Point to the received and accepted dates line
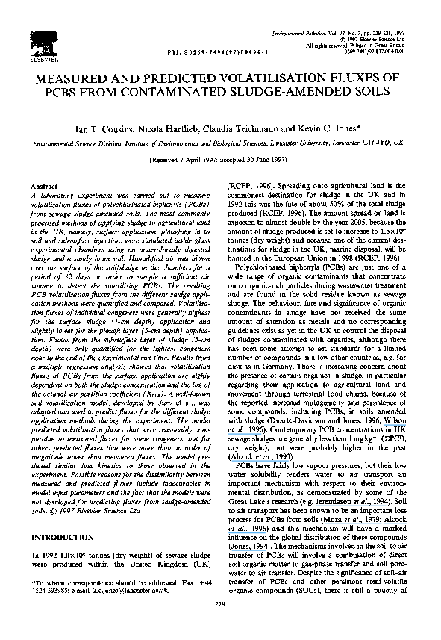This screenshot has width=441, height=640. pos(220,159)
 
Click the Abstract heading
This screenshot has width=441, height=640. pos(45,184)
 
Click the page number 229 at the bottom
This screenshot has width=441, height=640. pos(219,624)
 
